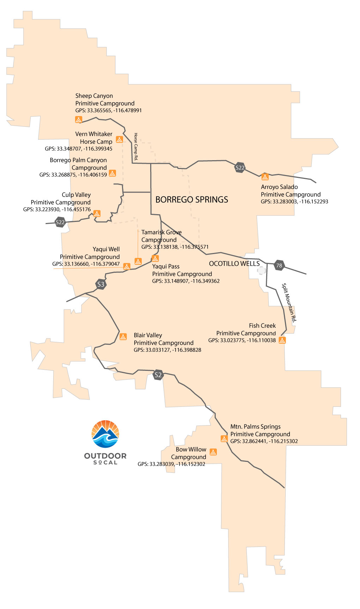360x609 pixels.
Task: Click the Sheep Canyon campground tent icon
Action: [x=79, y=120]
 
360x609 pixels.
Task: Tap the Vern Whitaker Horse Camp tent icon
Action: [x=120, y=139]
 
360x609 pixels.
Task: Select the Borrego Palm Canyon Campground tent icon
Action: [x=112, y=173]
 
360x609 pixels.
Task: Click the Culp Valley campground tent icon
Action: [x=97, y=213]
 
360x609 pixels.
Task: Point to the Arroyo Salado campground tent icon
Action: [x=265, y=177]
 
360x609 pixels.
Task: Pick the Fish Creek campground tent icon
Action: [x=282, y=340]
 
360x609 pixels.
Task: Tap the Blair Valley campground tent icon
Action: [x=123, y=337]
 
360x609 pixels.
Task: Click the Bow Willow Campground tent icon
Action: [x=213, y=452]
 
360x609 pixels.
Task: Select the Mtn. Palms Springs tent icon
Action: [x=224, y=439]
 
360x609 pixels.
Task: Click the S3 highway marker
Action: [x=101, y=284]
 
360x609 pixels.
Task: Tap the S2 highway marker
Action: [x=158, y=375]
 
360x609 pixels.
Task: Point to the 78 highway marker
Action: [x=279, y=266]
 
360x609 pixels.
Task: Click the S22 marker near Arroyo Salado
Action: [x=240, y=168]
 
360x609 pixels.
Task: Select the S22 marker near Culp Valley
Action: [x=60, y=222]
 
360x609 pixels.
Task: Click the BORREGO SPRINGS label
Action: [x=192, y=200]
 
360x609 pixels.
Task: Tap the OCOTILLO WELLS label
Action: [x=234, y=264]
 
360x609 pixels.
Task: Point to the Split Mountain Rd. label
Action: [x=289, y=302]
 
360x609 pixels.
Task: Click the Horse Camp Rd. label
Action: [x=136, y=146]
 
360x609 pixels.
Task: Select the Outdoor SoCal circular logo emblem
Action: [x=105, y=434]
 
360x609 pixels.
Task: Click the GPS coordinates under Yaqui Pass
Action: [x=186, y=281]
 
